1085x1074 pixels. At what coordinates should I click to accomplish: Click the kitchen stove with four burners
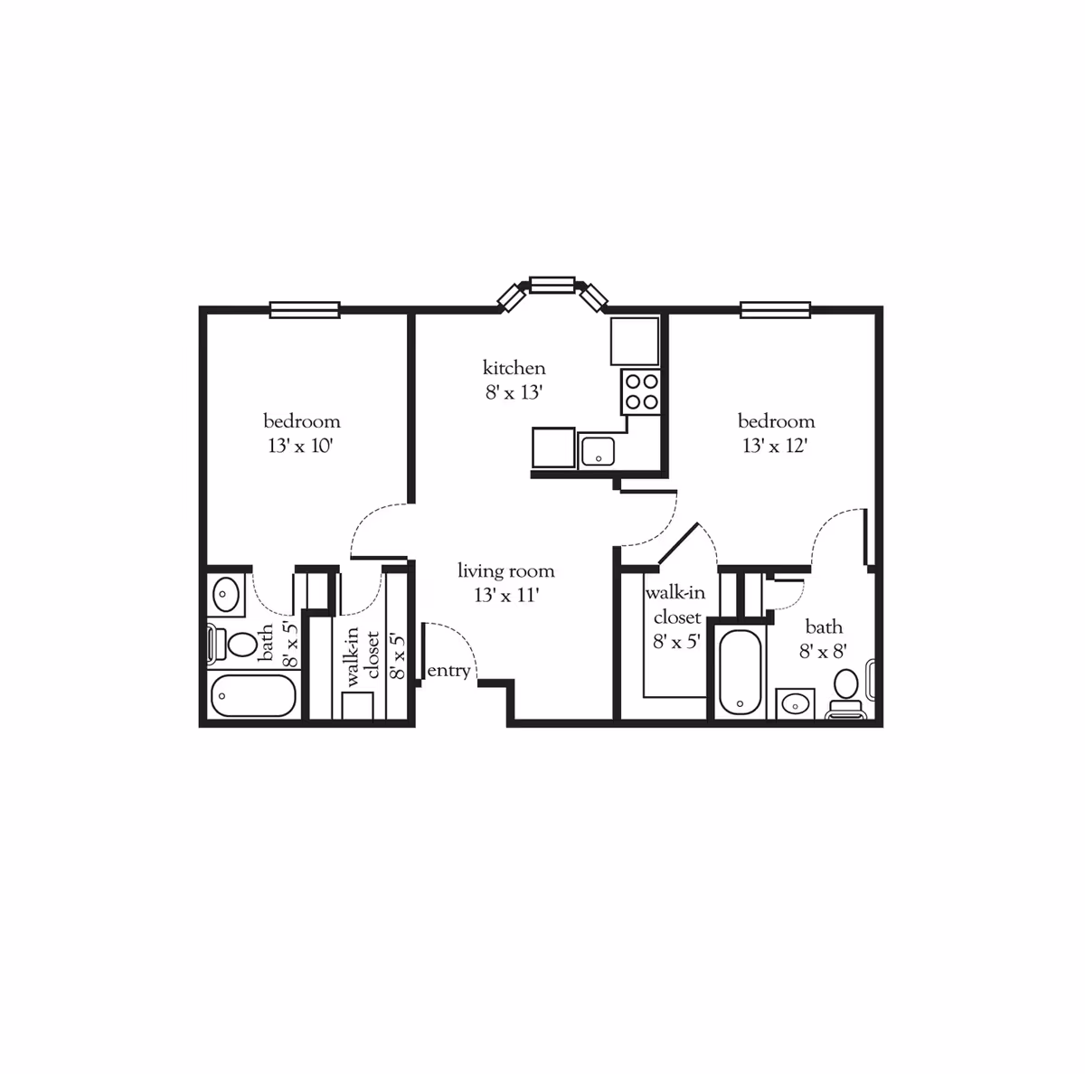tap(641, 393)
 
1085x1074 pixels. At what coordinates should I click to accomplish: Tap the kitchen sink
tap(598, 450)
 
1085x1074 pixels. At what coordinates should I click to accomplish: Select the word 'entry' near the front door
tap(448, 671)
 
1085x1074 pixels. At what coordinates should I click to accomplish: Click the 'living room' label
tap(505, 571)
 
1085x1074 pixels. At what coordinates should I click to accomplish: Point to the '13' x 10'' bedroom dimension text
tap(301, 446)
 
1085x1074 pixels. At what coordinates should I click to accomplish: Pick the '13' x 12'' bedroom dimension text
tap(775, 446)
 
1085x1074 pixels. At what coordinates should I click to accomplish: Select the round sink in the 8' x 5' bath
tap(225, 595)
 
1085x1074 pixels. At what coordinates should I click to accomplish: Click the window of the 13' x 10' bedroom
tap(305, 310)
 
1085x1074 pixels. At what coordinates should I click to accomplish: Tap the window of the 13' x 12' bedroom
tap(775, 310)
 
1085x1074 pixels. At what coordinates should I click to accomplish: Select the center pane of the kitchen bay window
tap(552, 285)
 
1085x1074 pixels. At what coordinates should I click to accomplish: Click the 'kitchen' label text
tap(514, 368)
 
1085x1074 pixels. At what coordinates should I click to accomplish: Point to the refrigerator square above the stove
tap(635, 341)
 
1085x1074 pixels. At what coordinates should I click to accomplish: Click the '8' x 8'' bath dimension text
tap(823, 651)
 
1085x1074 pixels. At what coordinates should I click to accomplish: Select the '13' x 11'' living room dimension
tap(505, 596)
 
